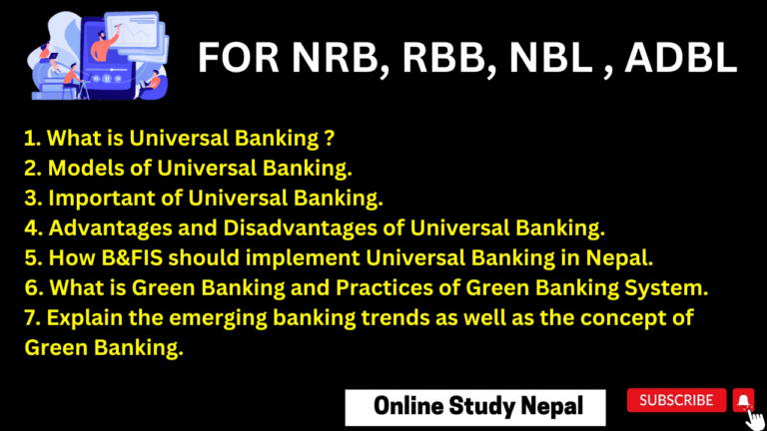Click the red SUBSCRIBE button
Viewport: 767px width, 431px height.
coord(676,400)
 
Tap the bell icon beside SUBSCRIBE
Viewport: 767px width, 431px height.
coord(742,400)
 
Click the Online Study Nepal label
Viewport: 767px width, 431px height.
coord(463,406)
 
